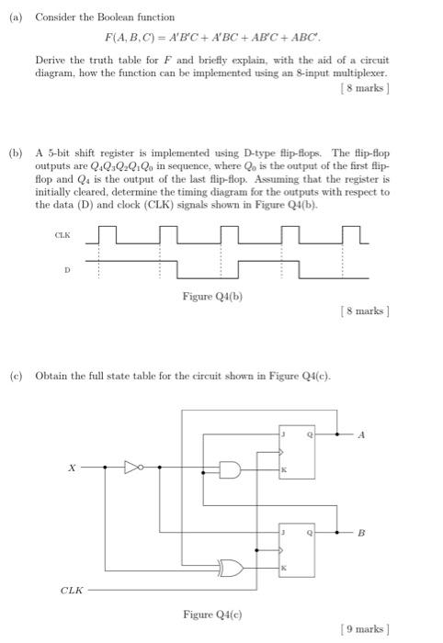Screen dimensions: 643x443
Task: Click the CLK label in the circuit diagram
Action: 70,591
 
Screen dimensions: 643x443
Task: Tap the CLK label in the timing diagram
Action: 62,234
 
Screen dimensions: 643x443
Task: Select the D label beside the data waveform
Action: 66,271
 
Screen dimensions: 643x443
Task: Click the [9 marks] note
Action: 365,628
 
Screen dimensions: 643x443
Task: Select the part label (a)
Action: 15,17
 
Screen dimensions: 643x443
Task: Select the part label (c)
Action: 15,376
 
